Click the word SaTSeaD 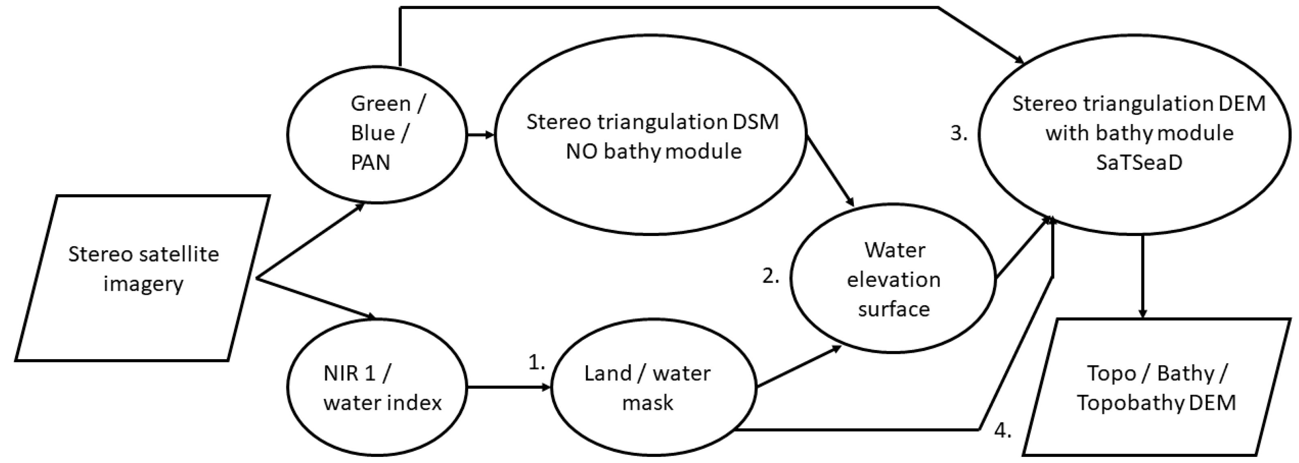[x=1138, y=163]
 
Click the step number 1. [x=536, y=362]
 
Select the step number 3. [x=958, y=133]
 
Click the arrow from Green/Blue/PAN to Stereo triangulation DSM [x=480, y=135]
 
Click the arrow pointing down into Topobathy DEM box [x=1143, y=277]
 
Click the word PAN [x=371, y=163]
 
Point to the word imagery [x=143, y=284]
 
